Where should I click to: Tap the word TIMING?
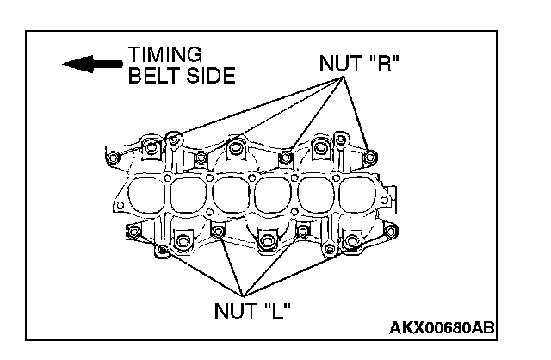(x=165, y=55)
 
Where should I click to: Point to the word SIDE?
(x=207, y=76)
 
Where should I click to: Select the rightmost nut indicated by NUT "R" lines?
(x=370, y=157)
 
